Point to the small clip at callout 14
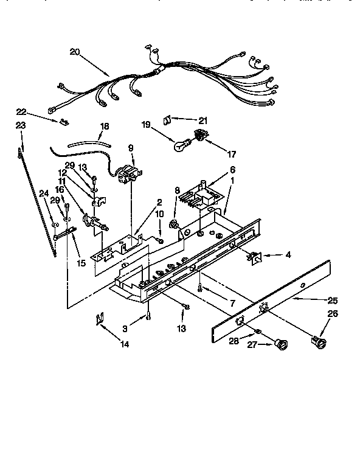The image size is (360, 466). pyautogui.click(x=99, y=319)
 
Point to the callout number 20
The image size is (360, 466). pyautogui.click(x=75, y=53)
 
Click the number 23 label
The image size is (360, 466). pyautogui.click(x=20, y=125)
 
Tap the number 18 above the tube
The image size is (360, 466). pyautogui.click(x=104, y=127)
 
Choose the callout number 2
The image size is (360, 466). pyautogui.click(x=159, y=203)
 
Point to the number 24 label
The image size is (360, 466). pyautogui.click(x=43, y=194)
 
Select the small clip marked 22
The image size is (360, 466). pyautogui.click(x=61, y=120)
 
